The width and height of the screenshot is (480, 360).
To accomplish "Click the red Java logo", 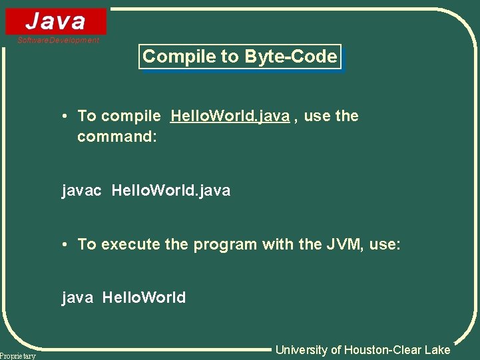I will pos(56,21).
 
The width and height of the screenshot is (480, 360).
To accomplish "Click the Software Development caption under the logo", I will pos(59,41).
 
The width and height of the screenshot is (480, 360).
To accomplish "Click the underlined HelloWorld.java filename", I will pos(230,116).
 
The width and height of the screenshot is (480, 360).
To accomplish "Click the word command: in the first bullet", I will pos(117,137).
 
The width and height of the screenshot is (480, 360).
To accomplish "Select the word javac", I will pos(82,191).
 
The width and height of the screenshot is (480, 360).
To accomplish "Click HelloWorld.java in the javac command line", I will pos(171,191).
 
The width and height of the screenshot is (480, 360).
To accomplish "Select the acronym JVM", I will pos(344,244).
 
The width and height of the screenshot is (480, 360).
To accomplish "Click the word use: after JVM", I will pos(385,245).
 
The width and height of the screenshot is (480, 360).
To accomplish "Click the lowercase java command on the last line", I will pos(77,297).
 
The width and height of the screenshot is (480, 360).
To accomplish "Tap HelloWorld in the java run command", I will pos(144,297).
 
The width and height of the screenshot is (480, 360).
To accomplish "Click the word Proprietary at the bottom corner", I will pos(18,356).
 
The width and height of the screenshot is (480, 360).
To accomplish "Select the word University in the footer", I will pos(302,350).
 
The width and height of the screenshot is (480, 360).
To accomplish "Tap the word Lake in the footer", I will pos(437,350).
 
